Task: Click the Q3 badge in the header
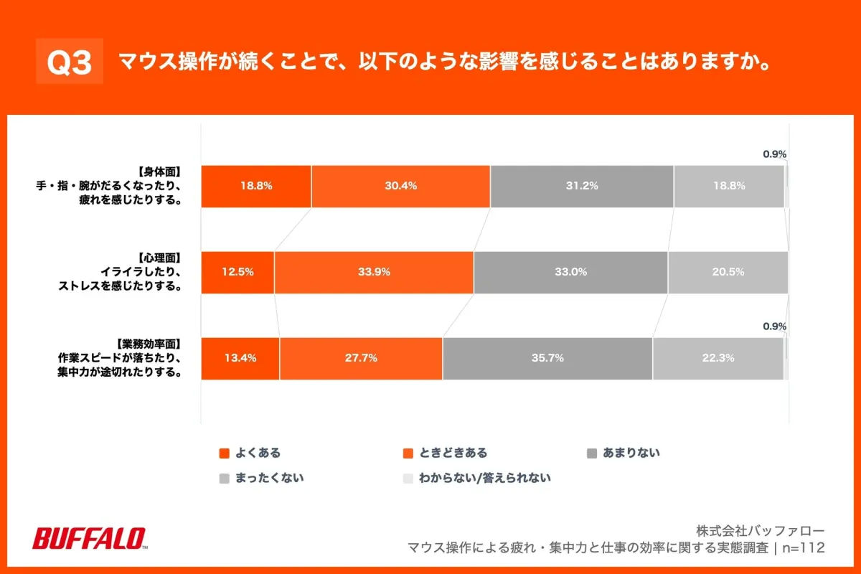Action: click(70, 62)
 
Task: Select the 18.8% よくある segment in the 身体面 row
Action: click(255, 186)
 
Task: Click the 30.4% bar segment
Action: click(400, 186)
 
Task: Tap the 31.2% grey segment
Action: click(581, 186)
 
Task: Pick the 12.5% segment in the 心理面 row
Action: click(237, 272)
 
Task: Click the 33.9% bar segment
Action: click(373, 272)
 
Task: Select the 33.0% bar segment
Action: click(570, 272)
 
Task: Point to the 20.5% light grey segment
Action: click(728, 272)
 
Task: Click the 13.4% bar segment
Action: click(240, 358)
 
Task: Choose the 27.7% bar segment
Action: click(361, 358)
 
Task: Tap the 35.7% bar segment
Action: click(547, 358)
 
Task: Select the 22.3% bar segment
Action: click(717, 358)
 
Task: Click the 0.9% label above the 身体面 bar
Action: click(774, 154)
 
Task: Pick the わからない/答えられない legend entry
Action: click(476, 477)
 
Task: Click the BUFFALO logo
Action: click(90, 538)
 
